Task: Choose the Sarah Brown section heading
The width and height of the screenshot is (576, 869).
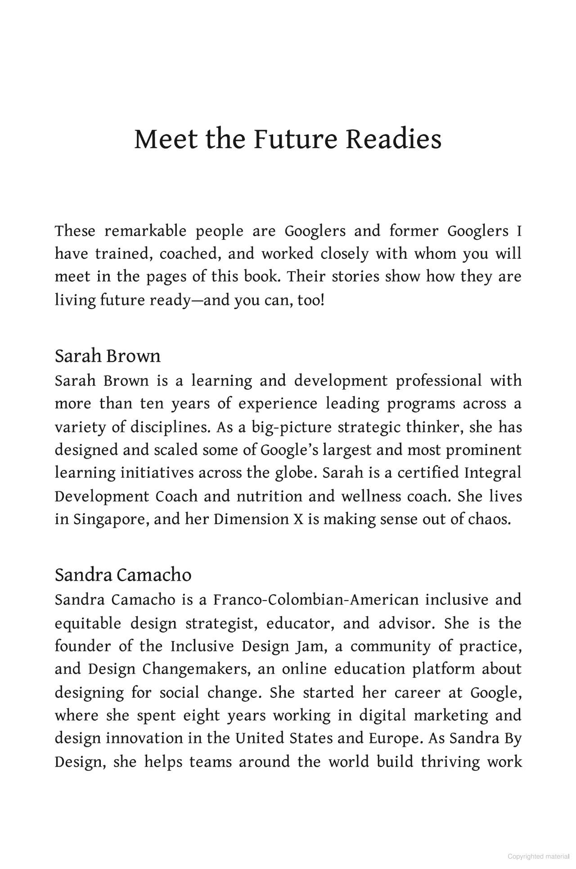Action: pyautogui.click(x=108, y=356)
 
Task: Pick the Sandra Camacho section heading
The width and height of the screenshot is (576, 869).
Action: pyautogui.click(x=123, y=575)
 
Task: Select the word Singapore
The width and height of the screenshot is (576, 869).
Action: pyautogui.click(x=110, y=519)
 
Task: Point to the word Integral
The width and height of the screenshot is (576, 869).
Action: pyautogui.click(x=492, y=473)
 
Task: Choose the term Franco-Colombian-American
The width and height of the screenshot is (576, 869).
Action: pyautogui.click(x=316, y=600)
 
